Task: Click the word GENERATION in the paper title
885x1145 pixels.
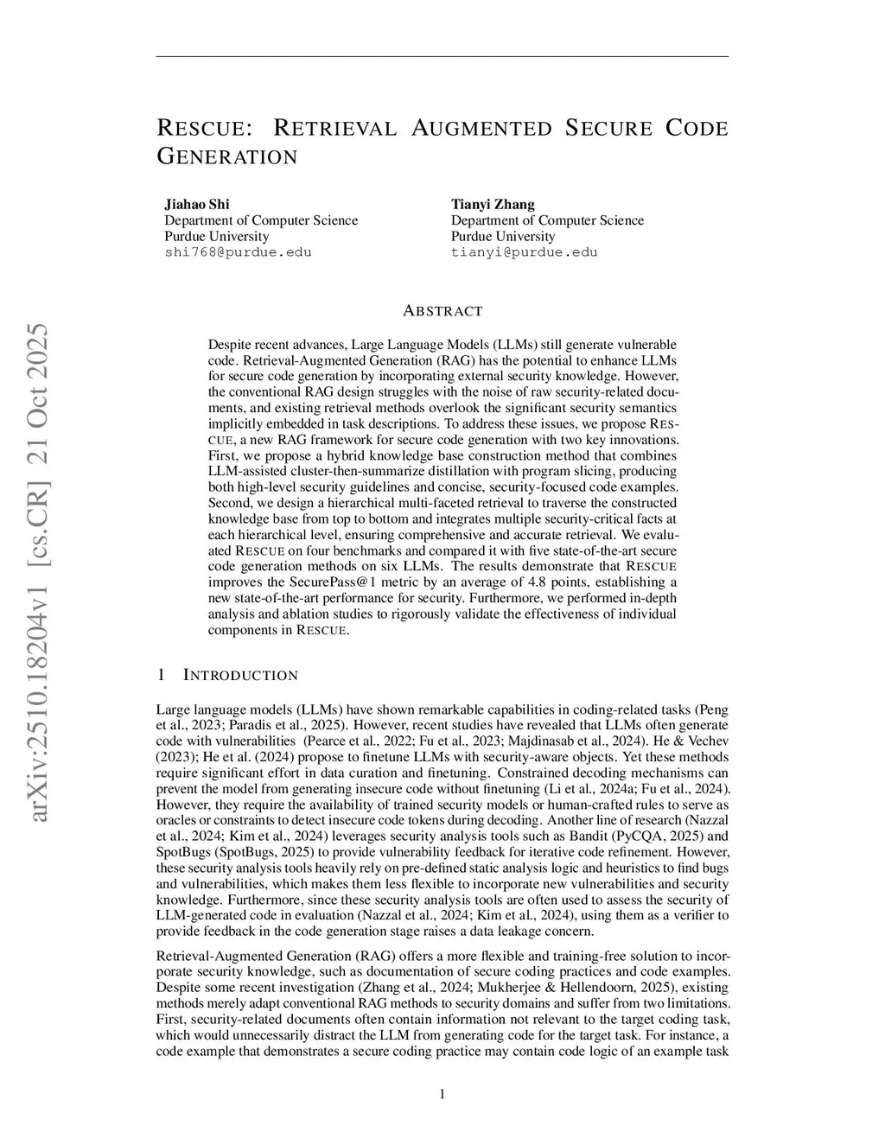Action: (227, 157)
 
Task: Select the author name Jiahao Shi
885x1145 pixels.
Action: (197, 204)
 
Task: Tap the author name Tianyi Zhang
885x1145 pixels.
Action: (493, 204)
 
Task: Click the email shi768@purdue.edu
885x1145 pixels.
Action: (238, 252)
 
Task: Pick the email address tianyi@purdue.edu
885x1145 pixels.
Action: (524, 252)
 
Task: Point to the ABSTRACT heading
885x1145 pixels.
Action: (442, 310)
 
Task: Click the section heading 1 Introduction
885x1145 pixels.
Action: (227, 675)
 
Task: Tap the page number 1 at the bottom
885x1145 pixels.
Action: (442, 1094)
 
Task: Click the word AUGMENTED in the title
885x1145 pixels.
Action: (481, 129)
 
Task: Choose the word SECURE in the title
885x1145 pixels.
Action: (608, 129)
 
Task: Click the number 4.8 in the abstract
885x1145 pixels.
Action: (481, 582)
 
